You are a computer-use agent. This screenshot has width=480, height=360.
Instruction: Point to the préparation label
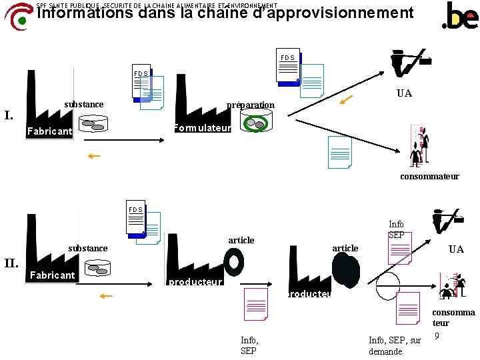(250, 105)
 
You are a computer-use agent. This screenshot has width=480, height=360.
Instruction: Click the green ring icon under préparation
(255, 123)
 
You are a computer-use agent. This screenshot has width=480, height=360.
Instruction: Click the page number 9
(437, 336)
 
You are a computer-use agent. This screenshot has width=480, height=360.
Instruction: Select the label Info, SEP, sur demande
(395, 346)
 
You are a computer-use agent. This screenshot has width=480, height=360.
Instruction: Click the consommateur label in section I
(429, 177)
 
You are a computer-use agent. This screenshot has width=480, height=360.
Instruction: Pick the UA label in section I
(404, 93)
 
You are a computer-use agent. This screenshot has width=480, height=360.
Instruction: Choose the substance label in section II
(88, 248)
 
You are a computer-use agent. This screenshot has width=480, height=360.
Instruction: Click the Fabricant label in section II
(53, 275)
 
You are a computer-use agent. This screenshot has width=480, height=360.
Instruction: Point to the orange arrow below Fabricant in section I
(93, 156)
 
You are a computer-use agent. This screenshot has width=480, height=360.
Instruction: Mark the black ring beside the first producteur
(234, 261)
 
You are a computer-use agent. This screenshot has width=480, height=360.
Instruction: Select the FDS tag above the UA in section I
(287, 57)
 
